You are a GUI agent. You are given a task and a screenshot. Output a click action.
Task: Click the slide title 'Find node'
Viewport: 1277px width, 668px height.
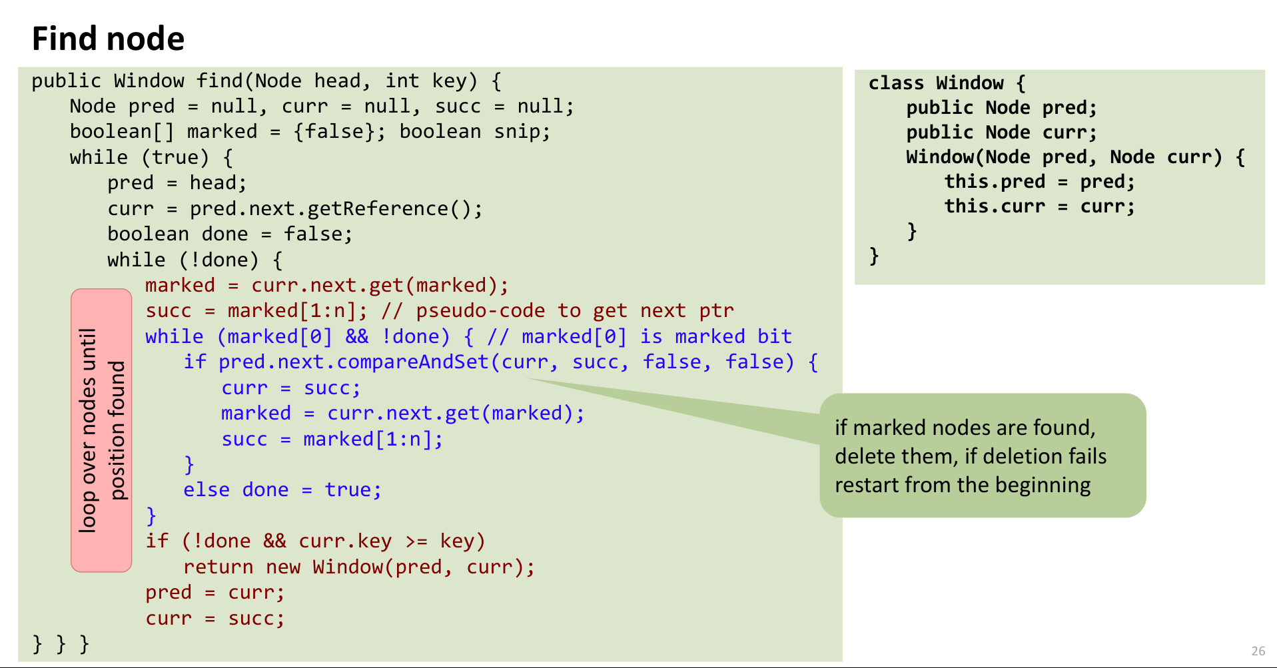pyautogui.click(x=108, y=39)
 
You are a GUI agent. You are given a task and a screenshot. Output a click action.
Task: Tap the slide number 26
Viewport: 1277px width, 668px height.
pyautogui.click(x=1258, y=651)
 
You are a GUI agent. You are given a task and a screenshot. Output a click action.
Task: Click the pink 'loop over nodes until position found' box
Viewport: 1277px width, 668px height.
pyautogui.click(x=101, y=430)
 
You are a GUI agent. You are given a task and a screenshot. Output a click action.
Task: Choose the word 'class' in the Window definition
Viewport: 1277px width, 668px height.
pyautogui.click(x=896, y=83)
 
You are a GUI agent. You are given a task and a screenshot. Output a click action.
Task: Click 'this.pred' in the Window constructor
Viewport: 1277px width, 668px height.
pyautogui.click(x=995, y=181)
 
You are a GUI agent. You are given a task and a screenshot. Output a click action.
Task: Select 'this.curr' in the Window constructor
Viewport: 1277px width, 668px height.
pyautogui.click(x=995, y=206)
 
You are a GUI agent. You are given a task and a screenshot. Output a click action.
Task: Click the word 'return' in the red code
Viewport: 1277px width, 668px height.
pyautogui.click(x=218, y=567)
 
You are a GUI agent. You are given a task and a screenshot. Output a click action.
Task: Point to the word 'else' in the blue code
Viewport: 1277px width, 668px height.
pyautogui.click(x=207, y=490)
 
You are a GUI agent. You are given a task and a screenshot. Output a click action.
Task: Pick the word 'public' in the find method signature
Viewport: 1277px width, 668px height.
pyautogui.click(x=66, y=81)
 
